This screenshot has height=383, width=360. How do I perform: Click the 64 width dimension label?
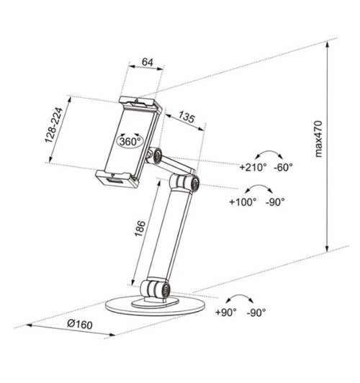click(x=147, y=63)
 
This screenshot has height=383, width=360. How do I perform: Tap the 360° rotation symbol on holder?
click(x=130, y=141)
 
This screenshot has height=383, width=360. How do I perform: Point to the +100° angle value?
click(x=243, y=202)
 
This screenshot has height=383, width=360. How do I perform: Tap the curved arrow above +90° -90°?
click(x=242, y=299)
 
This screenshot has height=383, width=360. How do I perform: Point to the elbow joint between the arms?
click(x=189, y=183)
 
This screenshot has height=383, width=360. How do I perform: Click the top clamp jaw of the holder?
click(x=140, y=104)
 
